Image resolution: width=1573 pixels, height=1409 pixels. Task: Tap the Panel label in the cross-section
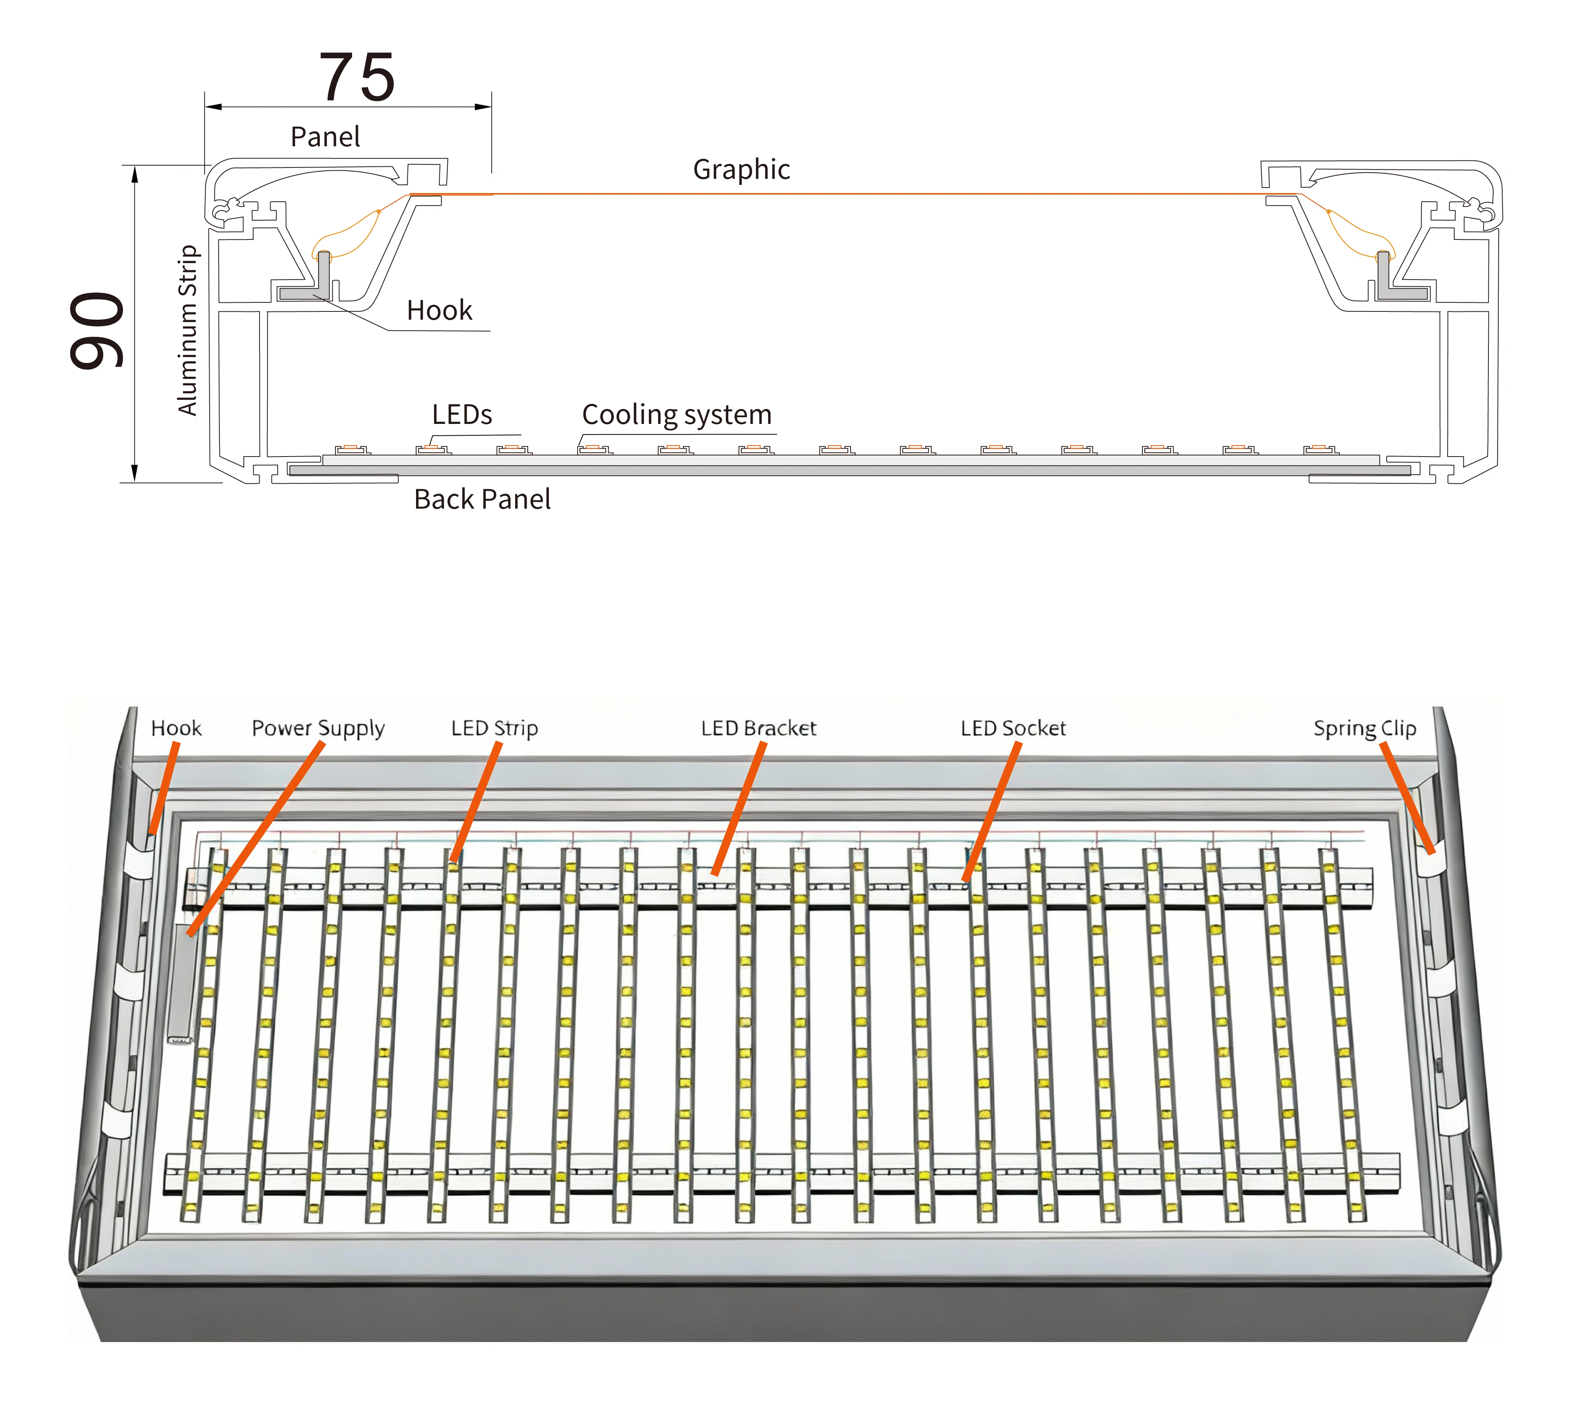325,137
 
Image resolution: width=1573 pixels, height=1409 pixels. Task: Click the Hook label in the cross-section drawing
439,310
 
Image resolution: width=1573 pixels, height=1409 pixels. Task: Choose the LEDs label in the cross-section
461,415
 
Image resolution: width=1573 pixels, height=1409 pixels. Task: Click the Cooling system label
676,415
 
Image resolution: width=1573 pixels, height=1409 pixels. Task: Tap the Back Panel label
482,499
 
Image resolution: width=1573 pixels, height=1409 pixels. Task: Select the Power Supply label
318,729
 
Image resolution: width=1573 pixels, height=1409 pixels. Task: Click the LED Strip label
495,729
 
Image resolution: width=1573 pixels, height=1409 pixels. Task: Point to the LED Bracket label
759,729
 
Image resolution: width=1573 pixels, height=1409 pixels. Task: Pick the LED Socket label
1013,729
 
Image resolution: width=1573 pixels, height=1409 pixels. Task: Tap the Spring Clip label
1365,729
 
